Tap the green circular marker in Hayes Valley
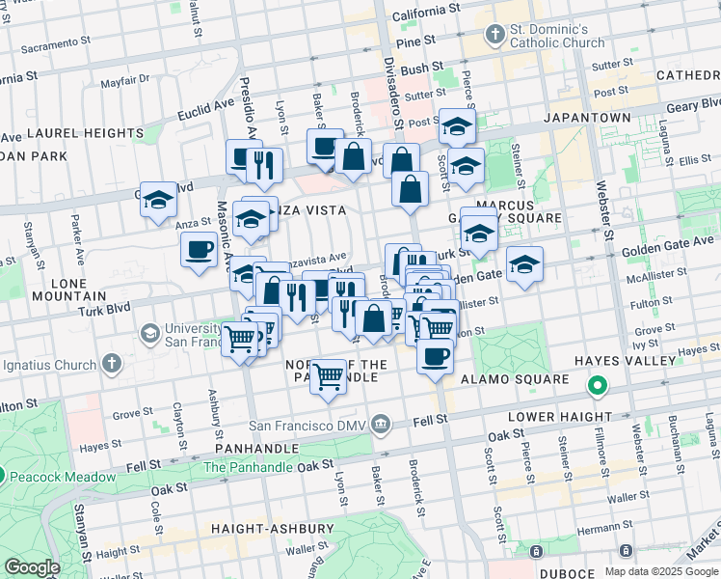tap(598, 387)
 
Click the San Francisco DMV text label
tap(308, 424)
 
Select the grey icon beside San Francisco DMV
tap(382, 423)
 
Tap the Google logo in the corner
tap(32, 567)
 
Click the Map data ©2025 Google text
tap(661, 571)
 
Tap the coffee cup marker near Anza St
tap(200, 249)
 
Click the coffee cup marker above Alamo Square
tap(435, 355)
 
